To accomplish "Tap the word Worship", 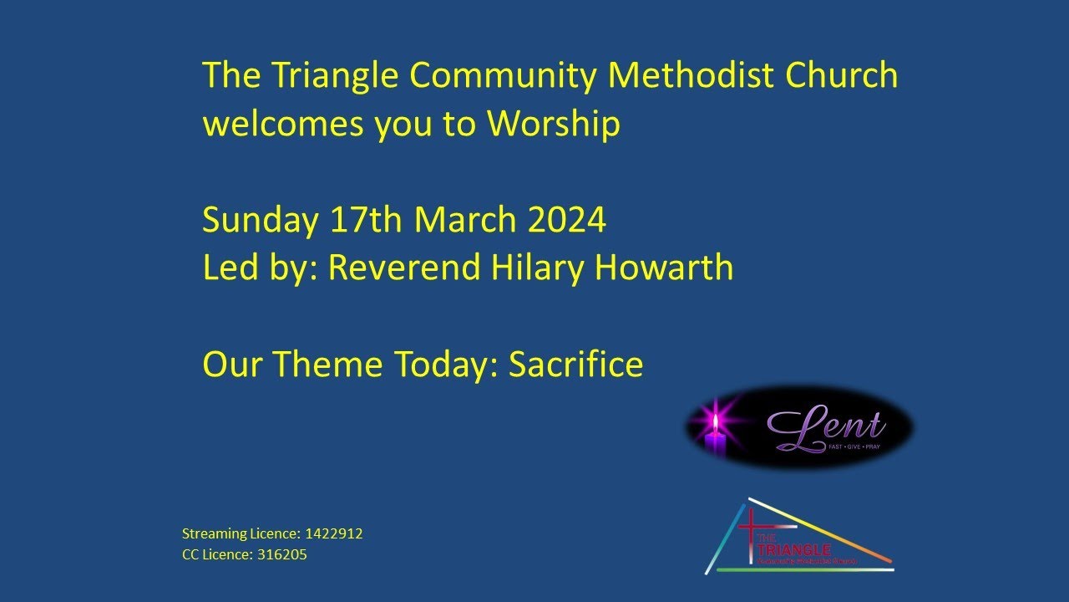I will click(x=554, y=124).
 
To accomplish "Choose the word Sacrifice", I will click(x=576, y=365).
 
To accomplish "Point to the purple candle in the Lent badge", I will click(x=715, y=440).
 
